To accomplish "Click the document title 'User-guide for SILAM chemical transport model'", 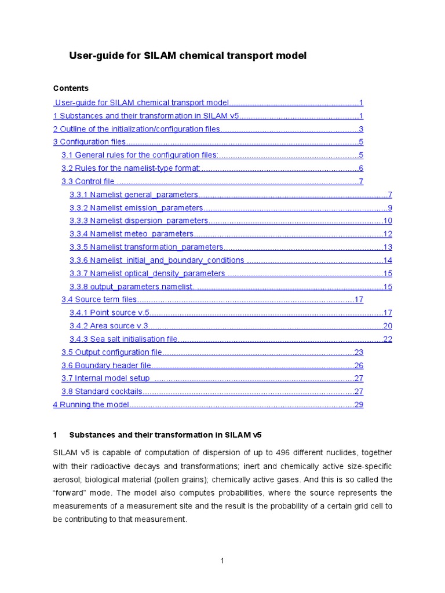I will point(188,56).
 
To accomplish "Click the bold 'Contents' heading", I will point(71,89).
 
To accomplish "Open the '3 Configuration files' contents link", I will point(89,142).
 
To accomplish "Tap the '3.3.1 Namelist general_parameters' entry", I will point(134,195).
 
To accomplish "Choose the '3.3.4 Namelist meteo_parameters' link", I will point(132,235).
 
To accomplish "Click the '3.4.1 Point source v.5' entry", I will point(110,313).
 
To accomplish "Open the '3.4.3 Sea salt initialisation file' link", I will point(123,339).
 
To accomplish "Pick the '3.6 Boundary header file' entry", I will point(106,366).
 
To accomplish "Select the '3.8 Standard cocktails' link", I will point(101,392).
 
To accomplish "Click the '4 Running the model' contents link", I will point(90,405).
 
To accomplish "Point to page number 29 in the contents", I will point(359,405).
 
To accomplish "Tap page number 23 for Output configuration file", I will point(359,353).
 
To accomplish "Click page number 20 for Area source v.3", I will point(388,326).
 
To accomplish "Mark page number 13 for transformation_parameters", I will point(388,248).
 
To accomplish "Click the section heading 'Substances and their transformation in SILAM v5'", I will point(166,435).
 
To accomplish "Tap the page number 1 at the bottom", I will point(222,561).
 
